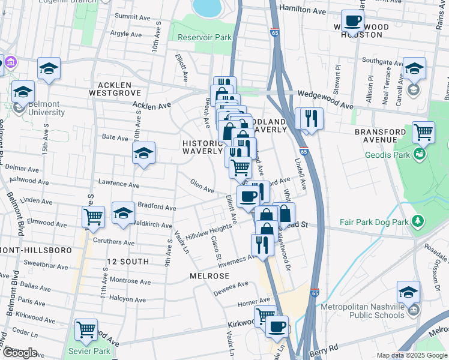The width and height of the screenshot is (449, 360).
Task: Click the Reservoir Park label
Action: tap(205, 37)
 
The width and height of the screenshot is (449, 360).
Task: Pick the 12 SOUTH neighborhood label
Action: tap(127, 262)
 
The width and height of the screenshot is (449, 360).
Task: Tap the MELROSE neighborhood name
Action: tap(209, 276)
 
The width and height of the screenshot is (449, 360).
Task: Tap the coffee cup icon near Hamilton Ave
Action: tap(352, 21)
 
